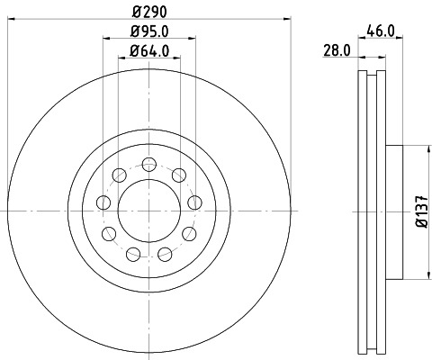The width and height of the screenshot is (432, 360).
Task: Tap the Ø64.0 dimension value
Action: [x=148, y=50]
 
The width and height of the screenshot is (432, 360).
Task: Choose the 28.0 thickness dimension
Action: [x=337, y=51]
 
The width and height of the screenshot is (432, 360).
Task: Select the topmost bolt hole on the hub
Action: [x=148, y=163]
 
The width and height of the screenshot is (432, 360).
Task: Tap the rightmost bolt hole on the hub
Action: [x=194, y=201]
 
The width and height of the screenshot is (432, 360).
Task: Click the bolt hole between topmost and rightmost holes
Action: [x=180, y=174]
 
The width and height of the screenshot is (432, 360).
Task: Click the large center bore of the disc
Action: [x=148, y=211]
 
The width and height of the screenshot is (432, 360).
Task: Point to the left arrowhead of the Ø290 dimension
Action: [x=10, y=16]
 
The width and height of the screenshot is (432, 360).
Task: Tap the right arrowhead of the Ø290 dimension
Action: [x=288, y=16]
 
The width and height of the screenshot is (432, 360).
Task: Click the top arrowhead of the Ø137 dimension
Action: [x=425, y=148]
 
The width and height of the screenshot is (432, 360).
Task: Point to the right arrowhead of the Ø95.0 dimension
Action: [x=191, y=39]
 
